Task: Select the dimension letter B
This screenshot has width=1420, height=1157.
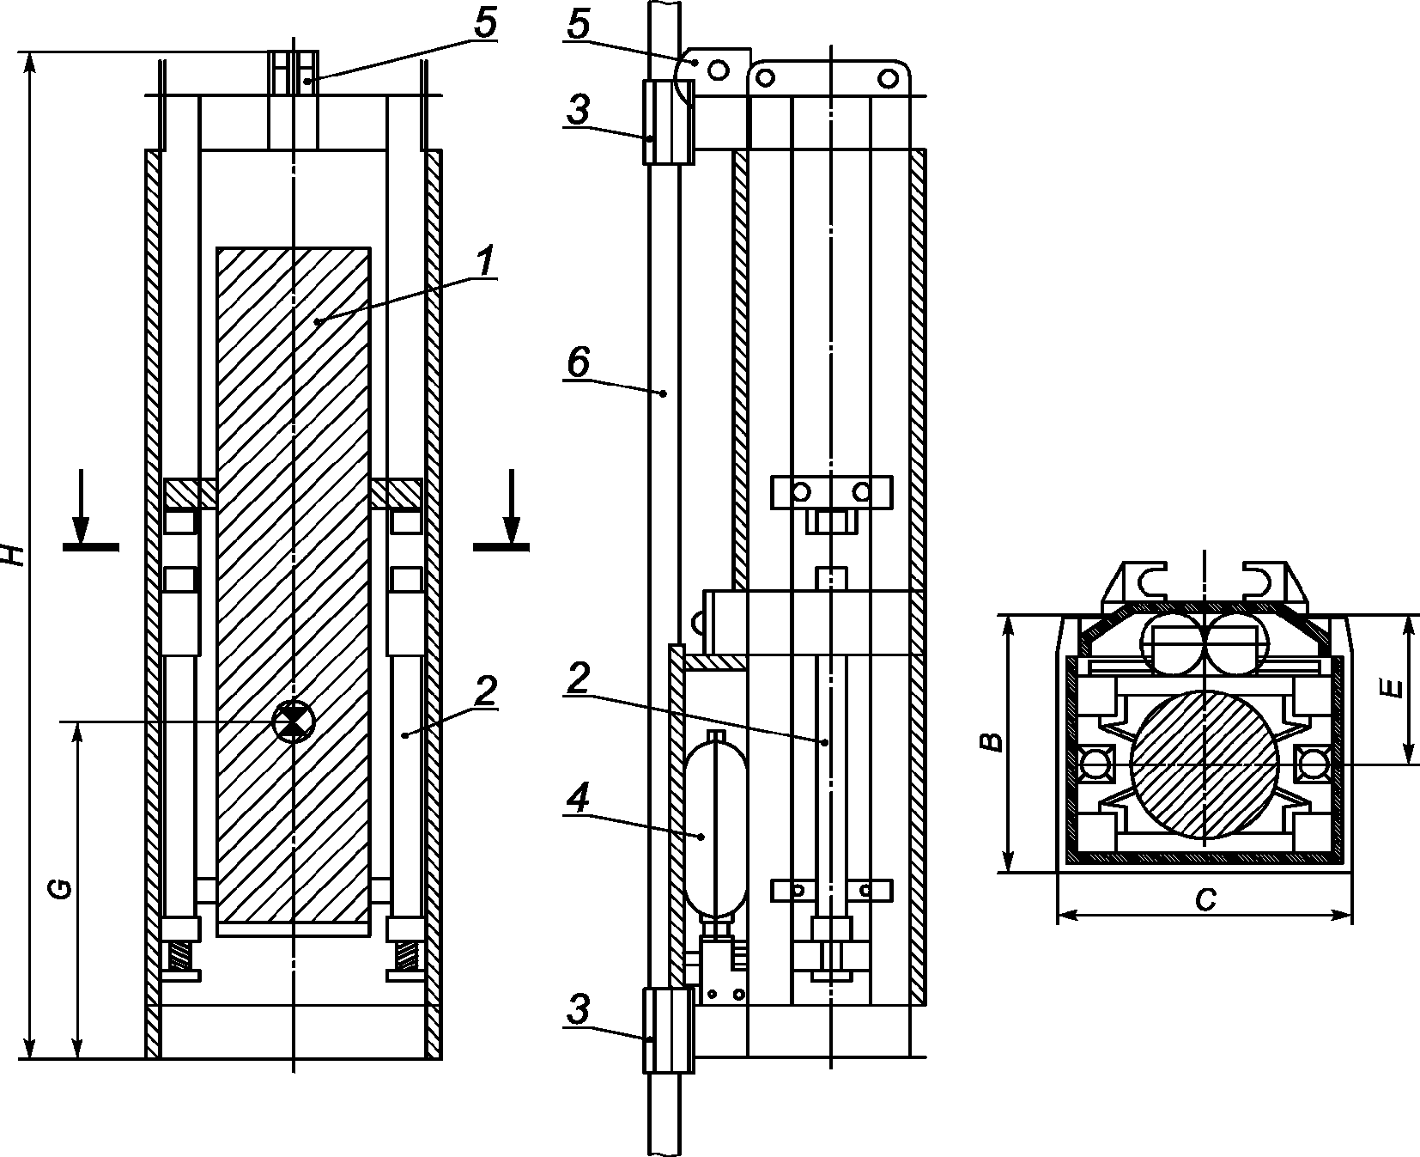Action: [x=992, y=741]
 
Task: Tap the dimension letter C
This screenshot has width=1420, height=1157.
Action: [x=1206, y=899]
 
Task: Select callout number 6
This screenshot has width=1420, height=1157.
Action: [x=578, y=363]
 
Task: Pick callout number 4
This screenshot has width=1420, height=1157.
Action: [x=578, y=801]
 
